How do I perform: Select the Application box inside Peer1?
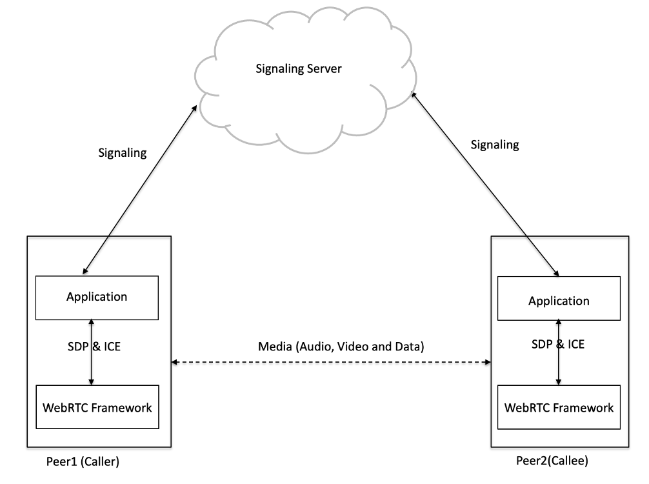97,297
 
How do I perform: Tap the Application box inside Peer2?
559,301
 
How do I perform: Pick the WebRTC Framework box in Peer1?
97,407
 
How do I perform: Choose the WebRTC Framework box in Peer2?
559,408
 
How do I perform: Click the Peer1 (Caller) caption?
83,462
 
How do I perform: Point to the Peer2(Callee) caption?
552,461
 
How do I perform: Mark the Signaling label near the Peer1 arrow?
122,153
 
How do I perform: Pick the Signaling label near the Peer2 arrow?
495,145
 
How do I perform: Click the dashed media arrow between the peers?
331,363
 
